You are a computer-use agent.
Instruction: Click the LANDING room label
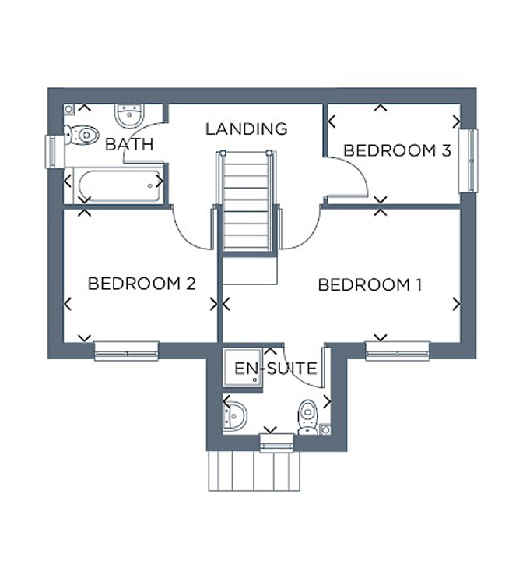246,129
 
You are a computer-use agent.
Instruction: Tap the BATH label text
129,145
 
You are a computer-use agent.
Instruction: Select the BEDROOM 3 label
397,150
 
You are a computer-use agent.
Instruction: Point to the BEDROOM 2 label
142,284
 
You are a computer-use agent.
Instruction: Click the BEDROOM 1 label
370,285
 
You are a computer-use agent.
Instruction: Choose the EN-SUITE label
276,369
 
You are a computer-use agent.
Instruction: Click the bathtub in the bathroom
120,186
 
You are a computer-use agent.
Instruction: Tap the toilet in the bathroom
82,135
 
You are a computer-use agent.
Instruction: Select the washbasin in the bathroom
129,115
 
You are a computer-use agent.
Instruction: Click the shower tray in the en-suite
243,368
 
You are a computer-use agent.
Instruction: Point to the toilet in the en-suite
308,417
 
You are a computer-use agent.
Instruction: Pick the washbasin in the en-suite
234,416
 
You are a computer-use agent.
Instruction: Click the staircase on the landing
246,202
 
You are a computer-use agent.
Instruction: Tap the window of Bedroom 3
469,161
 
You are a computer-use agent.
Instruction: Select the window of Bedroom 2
126,351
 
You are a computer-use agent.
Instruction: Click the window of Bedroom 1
398,351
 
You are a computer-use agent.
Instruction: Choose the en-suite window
277,443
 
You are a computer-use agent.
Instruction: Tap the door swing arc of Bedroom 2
186,237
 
